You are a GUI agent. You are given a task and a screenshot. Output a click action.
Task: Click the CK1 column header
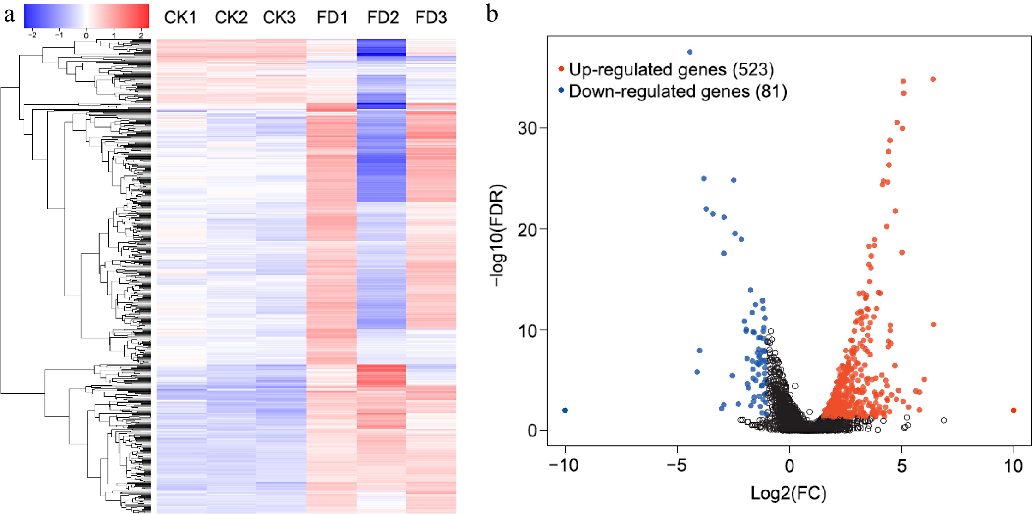point(180,18)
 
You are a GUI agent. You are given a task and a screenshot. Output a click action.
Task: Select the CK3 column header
point(279,18)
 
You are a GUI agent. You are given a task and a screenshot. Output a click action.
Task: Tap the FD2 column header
point(383,18)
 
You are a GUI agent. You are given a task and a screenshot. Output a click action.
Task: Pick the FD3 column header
point(431,18)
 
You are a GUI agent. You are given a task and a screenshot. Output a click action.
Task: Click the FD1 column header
point(332,18)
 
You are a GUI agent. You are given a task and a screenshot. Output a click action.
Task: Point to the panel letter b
point(492,14)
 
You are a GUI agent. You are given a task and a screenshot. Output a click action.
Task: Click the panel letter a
point(9,15)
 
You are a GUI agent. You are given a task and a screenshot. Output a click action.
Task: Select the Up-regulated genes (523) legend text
point(671,70)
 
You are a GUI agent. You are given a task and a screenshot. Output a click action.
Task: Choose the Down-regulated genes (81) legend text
point(677,92)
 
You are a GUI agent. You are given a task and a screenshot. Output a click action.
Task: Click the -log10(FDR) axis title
point(498,235)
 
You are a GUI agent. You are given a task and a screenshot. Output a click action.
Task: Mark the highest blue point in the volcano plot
point(689,52)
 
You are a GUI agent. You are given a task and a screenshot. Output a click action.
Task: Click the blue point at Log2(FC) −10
point(565,410)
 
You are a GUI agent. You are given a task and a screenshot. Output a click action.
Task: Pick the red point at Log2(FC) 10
point(1014,410)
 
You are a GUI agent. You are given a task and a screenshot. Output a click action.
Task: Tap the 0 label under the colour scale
point(86,36)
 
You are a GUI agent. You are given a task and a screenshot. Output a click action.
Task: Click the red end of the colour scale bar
point(142,16)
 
